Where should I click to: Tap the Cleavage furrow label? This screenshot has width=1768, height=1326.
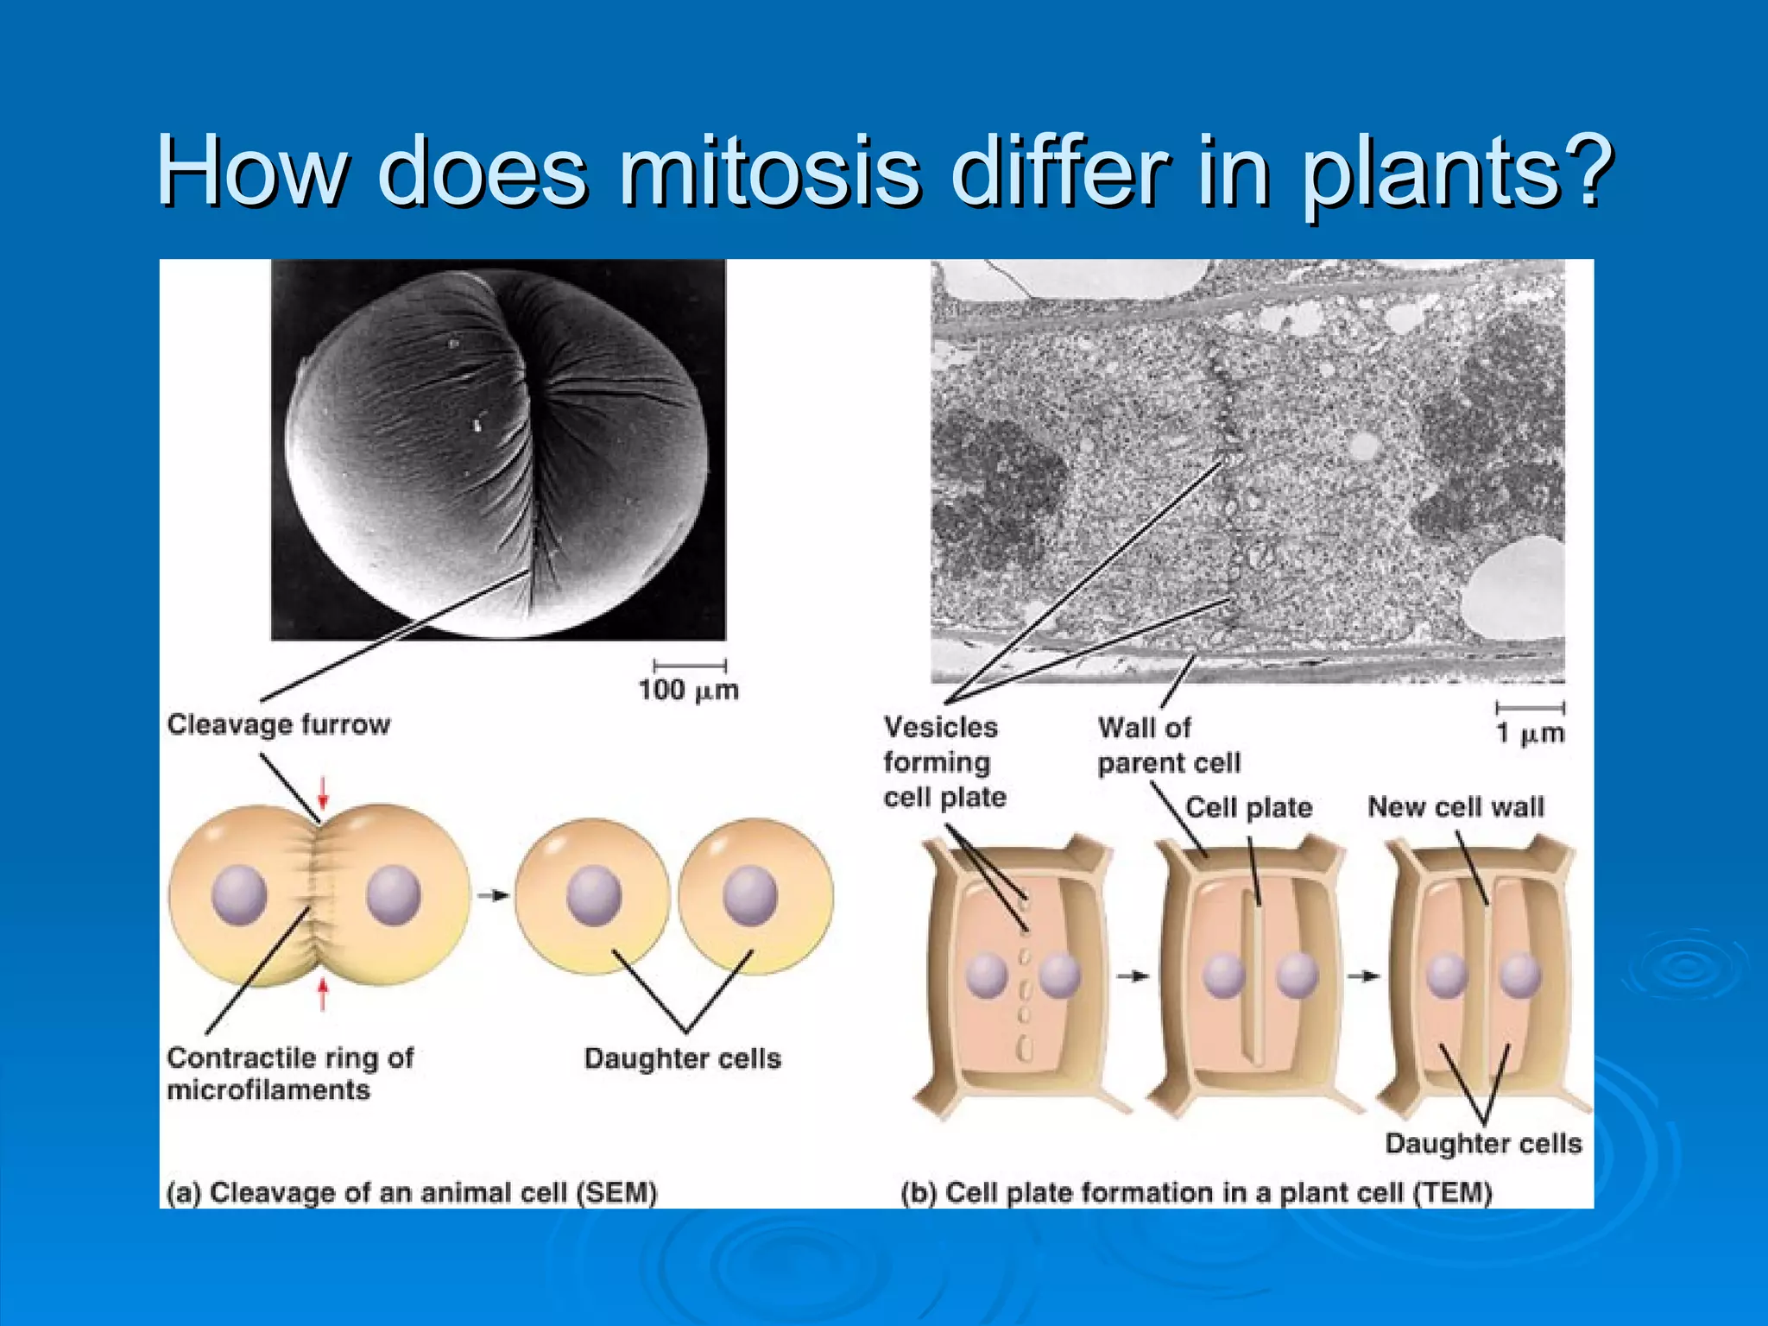click(x=278, y=724)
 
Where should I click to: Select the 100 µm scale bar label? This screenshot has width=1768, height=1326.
click(x=688, y=691)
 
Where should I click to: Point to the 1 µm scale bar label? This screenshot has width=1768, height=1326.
click(x=1530, y=734)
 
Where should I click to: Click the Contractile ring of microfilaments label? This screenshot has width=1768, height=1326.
click(x=290, y=1074)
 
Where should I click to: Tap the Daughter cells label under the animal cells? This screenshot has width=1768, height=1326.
click(x=682, y=1058)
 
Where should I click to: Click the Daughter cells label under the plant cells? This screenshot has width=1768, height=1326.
click(x=1483, y=1144)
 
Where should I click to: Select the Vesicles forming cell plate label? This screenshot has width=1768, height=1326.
click(x=944, y=762)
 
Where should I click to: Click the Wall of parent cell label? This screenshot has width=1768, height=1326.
click(x=1168, y=746)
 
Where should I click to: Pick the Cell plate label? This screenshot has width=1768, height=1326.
click(x=1248, y=808)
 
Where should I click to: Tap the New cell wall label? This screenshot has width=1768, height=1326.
click(x=1455, y=807)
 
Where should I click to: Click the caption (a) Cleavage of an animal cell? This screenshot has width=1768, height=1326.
click(x=412, y=1193)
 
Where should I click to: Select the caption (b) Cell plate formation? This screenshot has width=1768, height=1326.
click(x=1196, y=1193)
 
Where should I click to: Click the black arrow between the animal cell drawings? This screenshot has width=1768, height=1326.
click(x=493, y=895)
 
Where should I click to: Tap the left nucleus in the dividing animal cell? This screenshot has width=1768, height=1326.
click(x=239, y=895)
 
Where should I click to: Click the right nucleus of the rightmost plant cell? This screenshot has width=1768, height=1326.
click(x=1520, y=976)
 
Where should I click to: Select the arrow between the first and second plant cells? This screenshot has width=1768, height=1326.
click(x=1133, y=976)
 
